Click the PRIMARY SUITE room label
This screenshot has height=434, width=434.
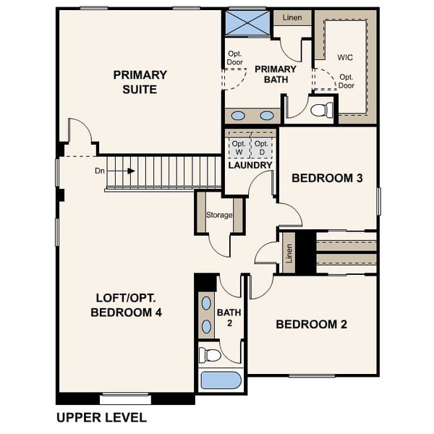click(x=140, y=82)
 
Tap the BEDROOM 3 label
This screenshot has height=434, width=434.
click(x=326, y=178)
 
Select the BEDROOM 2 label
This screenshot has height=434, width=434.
click(x=311, y=324)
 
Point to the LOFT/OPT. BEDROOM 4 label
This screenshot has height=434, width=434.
click(x=126, y=305)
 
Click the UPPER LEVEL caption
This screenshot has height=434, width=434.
click(x=101, y=417)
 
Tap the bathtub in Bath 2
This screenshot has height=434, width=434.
click(x=220, y=380)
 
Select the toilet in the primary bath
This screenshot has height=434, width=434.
click(x=321, y=110)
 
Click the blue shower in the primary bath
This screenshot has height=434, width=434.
click(x=247, y=21)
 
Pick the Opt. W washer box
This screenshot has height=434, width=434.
click(x=238, y=148)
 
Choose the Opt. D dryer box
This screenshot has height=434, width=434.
click(x=262, y=148)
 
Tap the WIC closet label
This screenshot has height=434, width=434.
click(x=345, y=56)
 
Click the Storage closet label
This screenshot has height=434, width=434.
click(x=219, y=215)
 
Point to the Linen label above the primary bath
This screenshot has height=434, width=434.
click(x=292, y=17)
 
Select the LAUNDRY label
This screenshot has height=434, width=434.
click(x=250, y=166)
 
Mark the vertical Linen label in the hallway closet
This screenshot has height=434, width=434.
click(x=289, y=253)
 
